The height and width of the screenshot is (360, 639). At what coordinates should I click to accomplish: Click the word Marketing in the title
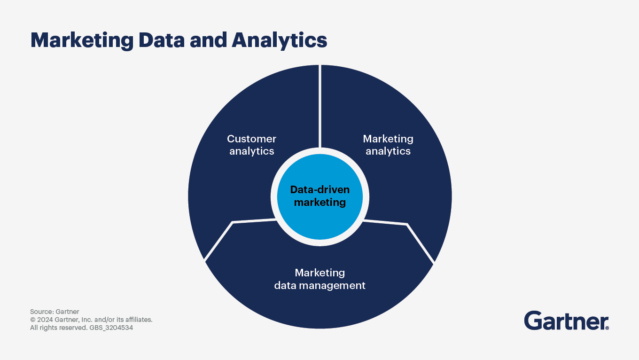click(82, 41)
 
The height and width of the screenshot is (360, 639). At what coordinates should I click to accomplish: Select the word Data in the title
click(162, 40)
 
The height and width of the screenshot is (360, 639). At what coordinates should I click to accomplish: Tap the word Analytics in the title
click(280, 41)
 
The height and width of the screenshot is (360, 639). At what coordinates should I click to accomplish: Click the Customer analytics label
click(252, 145)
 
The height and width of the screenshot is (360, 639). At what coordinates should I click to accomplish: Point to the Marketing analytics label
click(388, 145)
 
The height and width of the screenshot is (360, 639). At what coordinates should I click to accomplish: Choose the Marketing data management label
click(320, 279)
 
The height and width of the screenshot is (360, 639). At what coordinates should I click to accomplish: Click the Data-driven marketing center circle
click(320, 197)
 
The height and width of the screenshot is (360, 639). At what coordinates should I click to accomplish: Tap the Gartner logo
click(567, 321)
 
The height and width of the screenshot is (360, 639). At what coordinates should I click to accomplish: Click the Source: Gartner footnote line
click(55, 312)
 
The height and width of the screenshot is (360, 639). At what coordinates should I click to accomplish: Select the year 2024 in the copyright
click(45, 320)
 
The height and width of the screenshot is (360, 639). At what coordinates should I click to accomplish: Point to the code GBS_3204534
click(111, 328)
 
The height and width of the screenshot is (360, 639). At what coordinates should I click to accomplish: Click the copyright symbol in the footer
click(33, 320)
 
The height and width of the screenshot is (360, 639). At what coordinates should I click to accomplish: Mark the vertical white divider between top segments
click(320, 106)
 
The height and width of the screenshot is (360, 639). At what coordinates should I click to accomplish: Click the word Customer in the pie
click(252, 139)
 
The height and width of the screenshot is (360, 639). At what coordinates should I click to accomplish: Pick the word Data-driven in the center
click(320, 190)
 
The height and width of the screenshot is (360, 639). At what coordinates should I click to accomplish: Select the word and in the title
click(209, 40)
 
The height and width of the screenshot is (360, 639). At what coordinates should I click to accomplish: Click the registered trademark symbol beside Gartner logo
click(607, 328)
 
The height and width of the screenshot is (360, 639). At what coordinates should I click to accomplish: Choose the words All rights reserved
click(59, 328)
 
